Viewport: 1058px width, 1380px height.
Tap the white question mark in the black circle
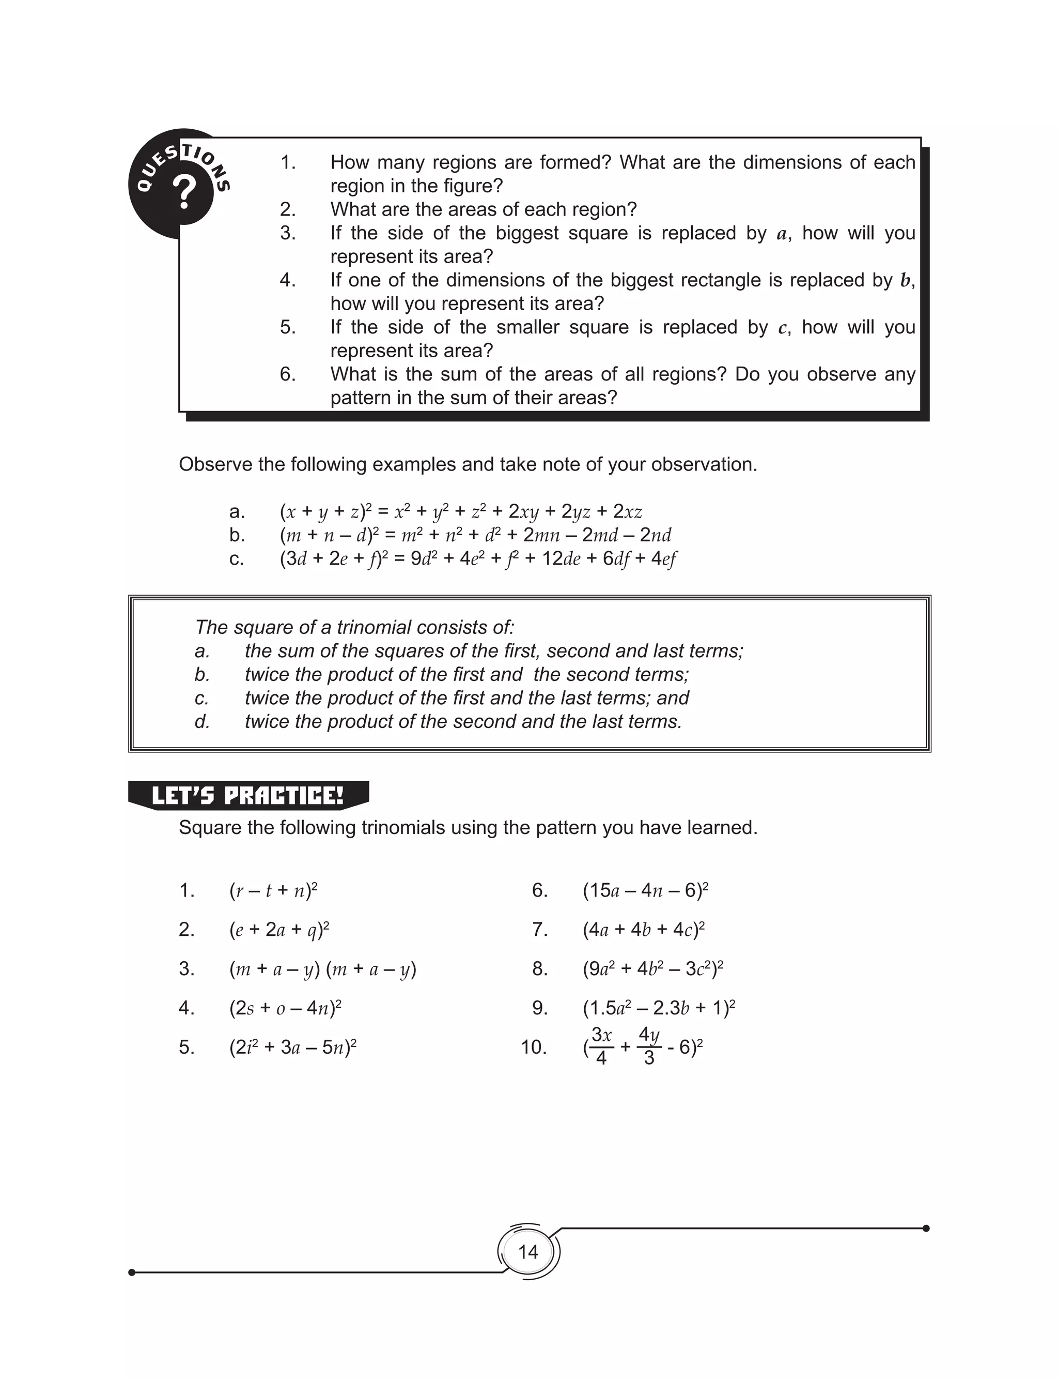[184, 193]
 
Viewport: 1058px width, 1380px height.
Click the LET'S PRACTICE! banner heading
[248, 796]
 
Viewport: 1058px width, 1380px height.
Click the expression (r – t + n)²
[273, 890]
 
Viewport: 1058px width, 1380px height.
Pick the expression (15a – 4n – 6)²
[646, 890]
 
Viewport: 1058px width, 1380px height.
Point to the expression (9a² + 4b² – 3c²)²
[652, 968]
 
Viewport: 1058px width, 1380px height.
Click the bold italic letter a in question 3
[782, 234]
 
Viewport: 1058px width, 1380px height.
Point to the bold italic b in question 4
[906, 281]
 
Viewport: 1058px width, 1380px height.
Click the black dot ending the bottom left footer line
[132, 1272]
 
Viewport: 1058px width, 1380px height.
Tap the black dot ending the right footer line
[926, 1228]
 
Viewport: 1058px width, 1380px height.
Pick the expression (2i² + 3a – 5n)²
[293, 1048]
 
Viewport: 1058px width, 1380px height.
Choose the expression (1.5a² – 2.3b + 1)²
[659, 1008]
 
